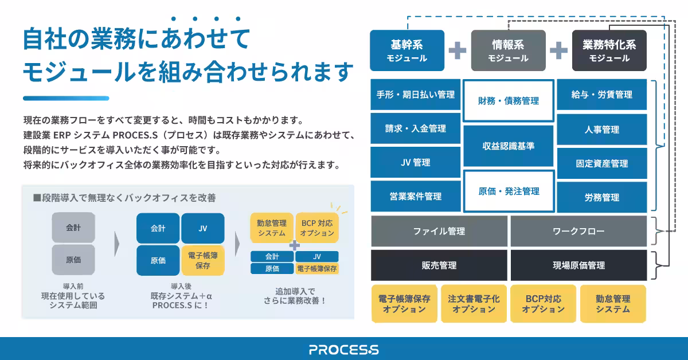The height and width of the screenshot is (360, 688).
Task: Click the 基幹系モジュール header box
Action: pyautogui.click(x=407, y=50)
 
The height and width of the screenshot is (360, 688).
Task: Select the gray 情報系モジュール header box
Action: pyautogui.click(x=508, y=50)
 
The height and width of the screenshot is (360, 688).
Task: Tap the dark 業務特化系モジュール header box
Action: pyautogui.click(x=609, y=50)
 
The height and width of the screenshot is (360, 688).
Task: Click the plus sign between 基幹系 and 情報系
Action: pyautogui.click(x=458, y=50)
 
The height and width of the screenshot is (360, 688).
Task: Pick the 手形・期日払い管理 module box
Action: pyautogui.click(x=415, y=95)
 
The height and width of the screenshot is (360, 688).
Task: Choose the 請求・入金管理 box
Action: pyautogui.click(x=415, y=129)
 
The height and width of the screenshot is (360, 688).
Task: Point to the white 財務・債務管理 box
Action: pyautogui.click(x=509, y=101)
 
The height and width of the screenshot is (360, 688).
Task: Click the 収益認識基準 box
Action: pyautogui.click(x=509, y=146)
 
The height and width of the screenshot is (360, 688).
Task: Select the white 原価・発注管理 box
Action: pyautogui.click(x=509, y=191)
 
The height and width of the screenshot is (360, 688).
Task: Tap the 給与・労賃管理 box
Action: pyautogui.click(x=602, y=95)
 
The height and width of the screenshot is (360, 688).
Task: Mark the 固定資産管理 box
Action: pyautogui.click(x=602, y=163)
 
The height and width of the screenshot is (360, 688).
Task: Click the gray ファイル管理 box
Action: pyautogui.click(x=439, y=232)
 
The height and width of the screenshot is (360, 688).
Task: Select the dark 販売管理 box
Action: pyautogui.click(x=439, y=265)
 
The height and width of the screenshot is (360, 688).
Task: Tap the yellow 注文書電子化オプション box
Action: pyautogui.click(x=474, y=304)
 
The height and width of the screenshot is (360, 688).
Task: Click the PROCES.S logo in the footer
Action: pyautogui.click(x=343, y=349)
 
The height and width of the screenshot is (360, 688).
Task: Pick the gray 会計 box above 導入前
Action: pyautogui.click(x=73, y=228)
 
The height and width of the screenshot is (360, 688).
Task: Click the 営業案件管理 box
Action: pyautogui.click(x=415, y=197)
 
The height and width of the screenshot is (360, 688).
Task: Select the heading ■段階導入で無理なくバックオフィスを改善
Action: pyautogui.click(x=124, y=198)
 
